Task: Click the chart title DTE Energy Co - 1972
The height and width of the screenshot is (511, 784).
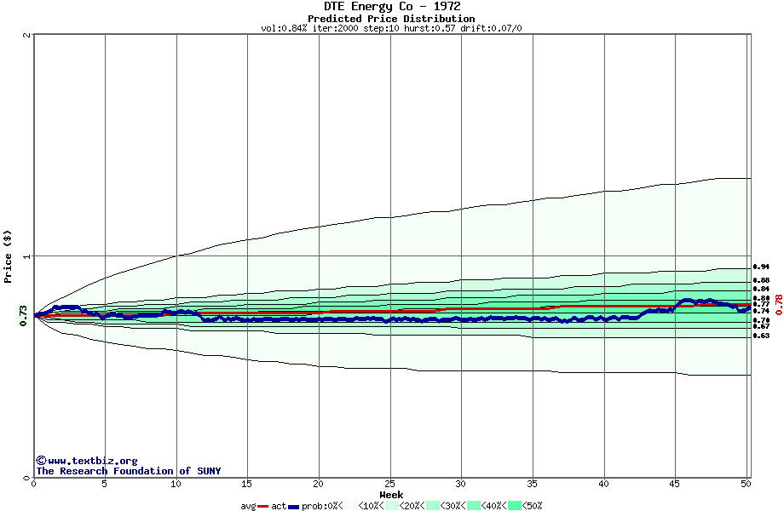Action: pyautogui.click(x=391, y=7)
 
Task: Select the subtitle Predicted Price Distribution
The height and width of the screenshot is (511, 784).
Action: pyautogui.click(x=391, y=19)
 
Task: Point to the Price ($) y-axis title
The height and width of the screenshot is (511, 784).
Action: pyautogui.click(x=8, y=256)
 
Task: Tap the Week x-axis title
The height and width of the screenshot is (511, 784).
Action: pyautogui.click(x=391, y=495)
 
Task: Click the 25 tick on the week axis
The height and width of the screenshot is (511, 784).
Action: pyautogui.click(x=390, y=484)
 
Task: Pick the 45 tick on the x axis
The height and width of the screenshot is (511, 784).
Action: pyautogui.click(x=676, y=484)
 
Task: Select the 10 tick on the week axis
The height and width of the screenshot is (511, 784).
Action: pyautogui.click(x=176, y=484)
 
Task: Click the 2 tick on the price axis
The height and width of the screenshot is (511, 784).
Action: pyautogui.click(x=27, y=35)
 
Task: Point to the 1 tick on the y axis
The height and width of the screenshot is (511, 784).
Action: pyautogui.click(x=27, y=256)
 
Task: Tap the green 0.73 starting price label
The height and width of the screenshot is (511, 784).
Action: pyautogui.click(x=23, y=316)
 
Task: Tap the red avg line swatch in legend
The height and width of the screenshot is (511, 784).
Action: pyautogui.click(x=263, y=506)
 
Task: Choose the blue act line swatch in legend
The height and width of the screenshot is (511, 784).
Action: pyautogui.click(x=294, y=506)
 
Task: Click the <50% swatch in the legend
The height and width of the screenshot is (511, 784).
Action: pyautogui.click(x=514, y=506)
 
